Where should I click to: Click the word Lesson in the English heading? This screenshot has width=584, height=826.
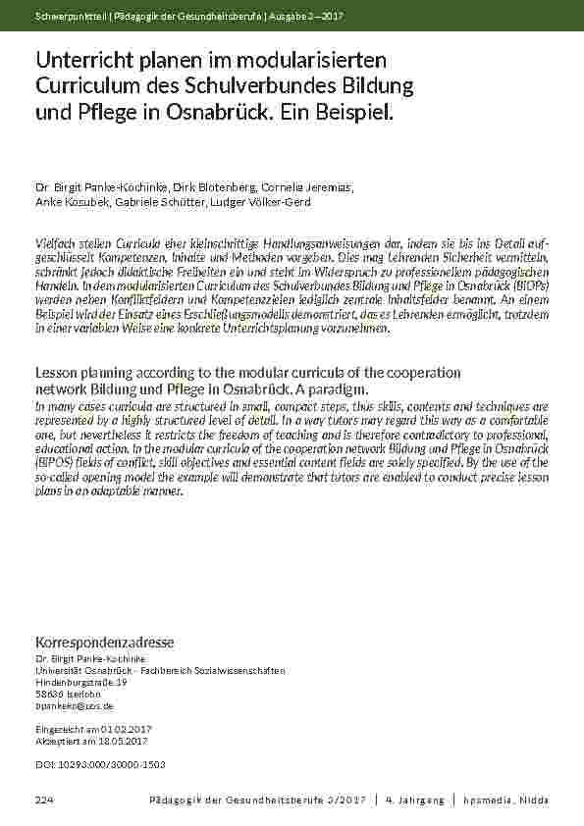59,374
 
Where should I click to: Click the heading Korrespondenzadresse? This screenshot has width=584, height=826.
104,643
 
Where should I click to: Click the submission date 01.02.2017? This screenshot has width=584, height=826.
116,730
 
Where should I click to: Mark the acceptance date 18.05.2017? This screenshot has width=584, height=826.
116,742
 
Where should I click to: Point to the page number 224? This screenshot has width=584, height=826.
44,801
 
